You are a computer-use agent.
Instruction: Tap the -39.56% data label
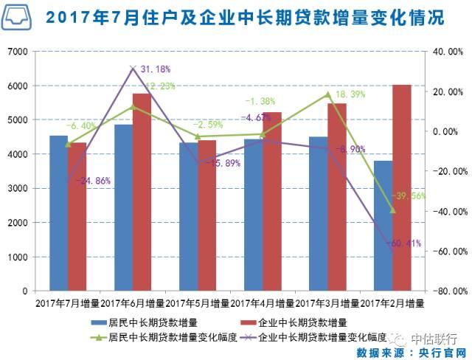[410, 196]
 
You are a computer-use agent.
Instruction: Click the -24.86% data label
[92, 181]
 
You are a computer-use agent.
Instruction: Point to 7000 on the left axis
[18, 52]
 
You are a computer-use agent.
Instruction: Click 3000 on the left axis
[18, 188]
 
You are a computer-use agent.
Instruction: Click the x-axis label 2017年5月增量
[197, 302]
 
